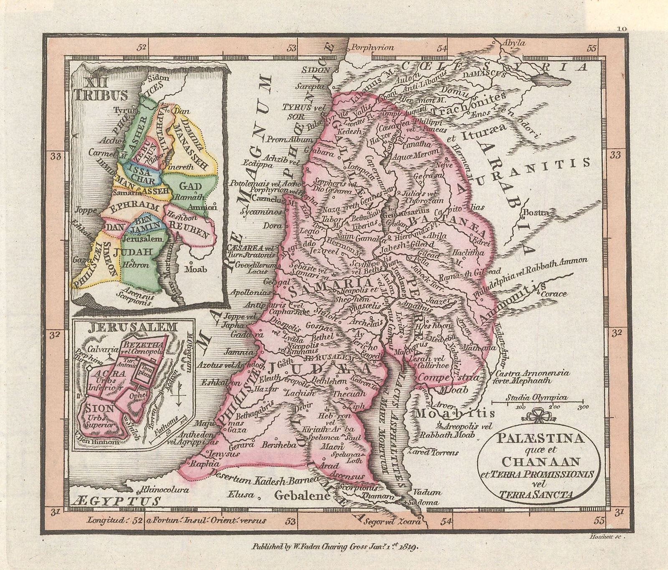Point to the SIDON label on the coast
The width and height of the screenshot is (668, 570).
click(319, 70)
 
